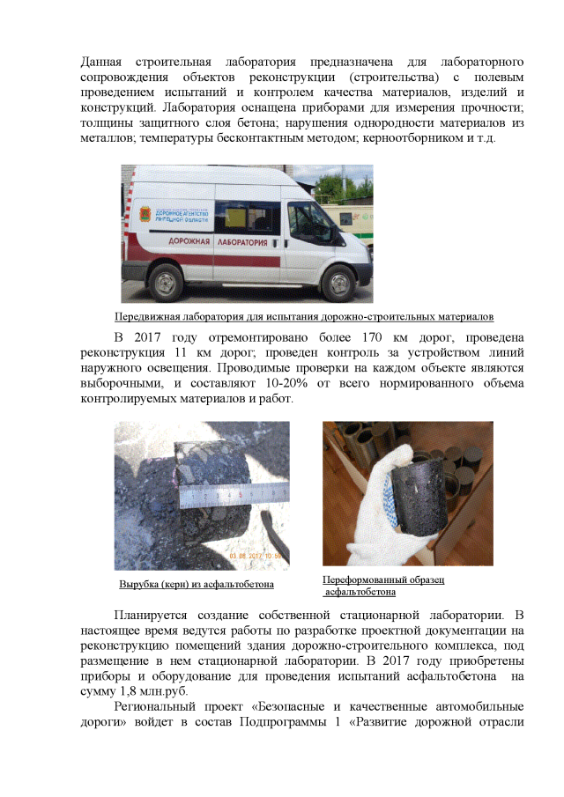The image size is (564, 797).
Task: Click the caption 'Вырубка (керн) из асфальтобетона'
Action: point(197,584)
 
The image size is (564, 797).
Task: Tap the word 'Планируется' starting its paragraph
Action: point(157,614)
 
